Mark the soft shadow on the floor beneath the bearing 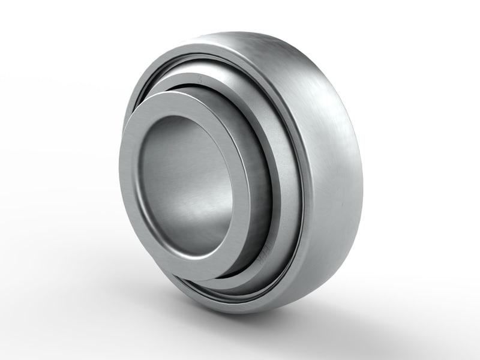point(336,312)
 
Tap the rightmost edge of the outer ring point(362,180)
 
